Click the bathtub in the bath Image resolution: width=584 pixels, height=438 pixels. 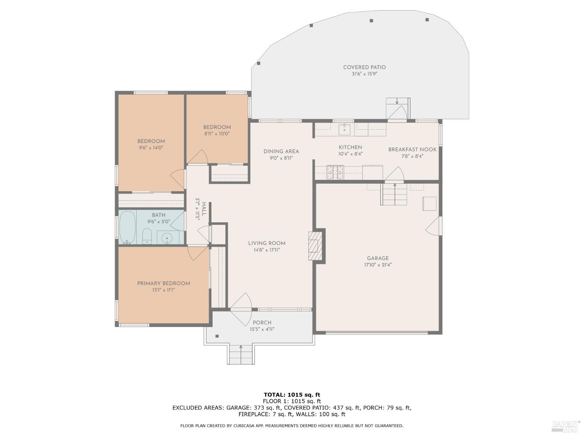127,227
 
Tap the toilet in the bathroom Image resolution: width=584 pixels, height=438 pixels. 147,236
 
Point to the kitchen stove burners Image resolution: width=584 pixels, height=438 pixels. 335,172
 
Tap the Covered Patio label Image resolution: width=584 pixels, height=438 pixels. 364,67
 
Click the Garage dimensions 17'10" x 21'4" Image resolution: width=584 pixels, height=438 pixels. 378,265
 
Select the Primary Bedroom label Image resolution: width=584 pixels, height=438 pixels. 164,283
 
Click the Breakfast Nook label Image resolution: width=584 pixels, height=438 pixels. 412,150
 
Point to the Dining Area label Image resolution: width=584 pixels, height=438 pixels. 281,151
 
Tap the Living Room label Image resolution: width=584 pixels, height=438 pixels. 267,243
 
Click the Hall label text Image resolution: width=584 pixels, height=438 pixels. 204,209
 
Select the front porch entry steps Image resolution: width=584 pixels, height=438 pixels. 241,355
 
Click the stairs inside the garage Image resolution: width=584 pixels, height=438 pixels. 394,194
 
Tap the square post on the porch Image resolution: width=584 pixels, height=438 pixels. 217,336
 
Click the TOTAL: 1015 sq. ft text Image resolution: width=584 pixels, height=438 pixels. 292,395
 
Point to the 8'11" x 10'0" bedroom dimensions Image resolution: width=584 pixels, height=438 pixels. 217,134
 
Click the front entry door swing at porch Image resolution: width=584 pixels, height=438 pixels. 241,309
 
